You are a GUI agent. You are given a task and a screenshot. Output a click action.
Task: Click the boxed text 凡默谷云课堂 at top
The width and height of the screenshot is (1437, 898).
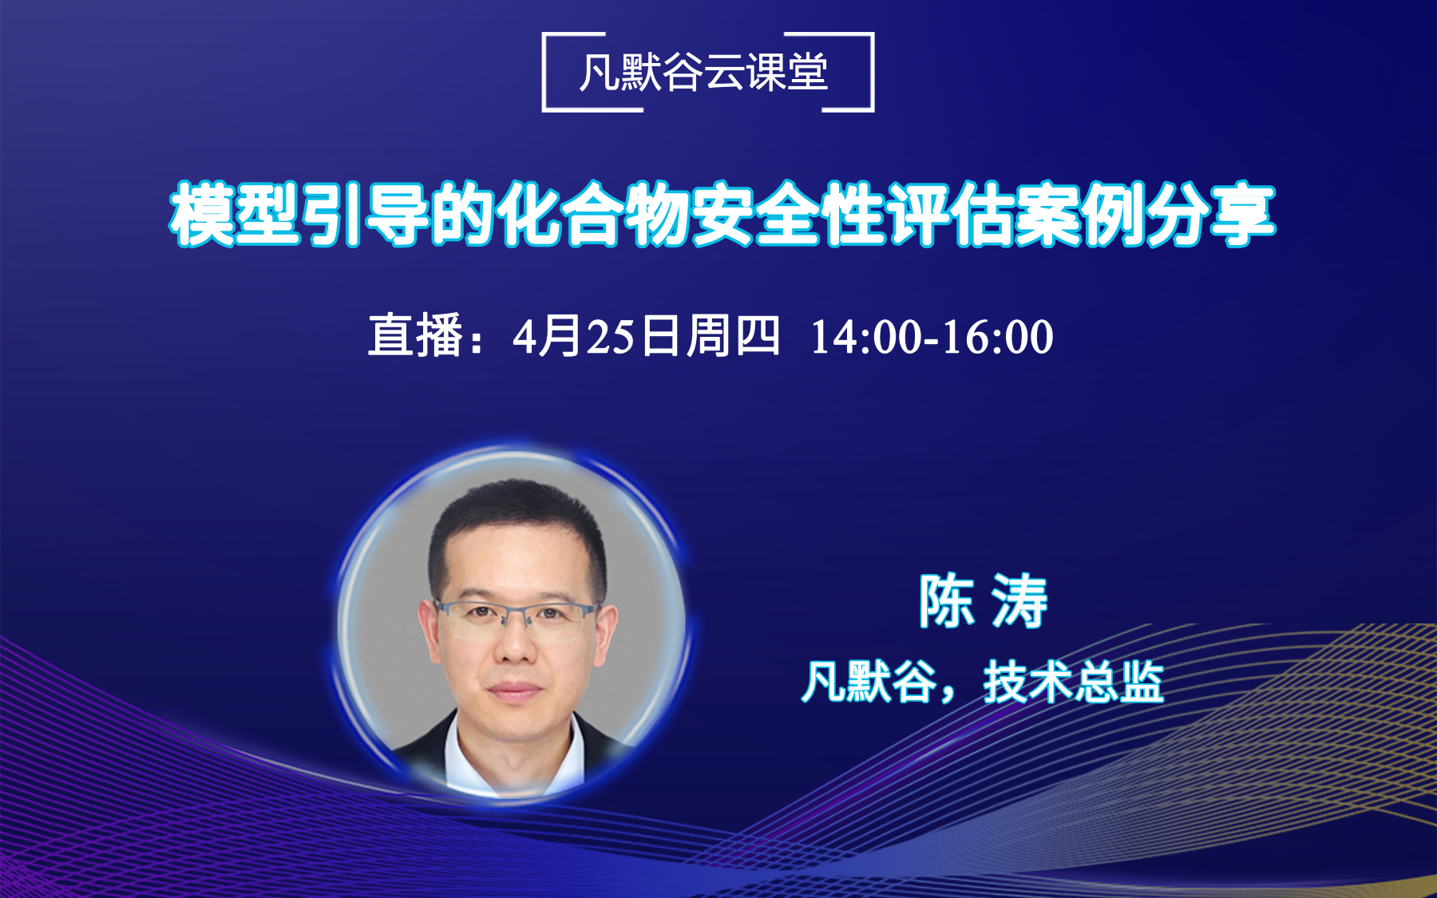click(x=704, y=73)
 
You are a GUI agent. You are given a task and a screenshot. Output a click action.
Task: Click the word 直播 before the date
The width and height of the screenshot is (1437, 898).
click(x=415, y=336)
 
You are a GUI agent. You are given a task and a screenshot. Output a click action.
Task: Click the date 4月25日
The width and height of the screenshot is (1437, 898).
click(x=595, y=336)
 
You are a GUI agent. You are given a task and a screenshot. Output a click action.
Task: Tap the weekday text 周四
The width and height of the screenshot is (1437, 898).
click(x=733, y=336)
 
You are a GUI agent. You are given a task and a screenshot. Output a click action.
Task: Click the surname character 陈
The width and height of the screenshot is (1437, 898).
click(x=946, y=601)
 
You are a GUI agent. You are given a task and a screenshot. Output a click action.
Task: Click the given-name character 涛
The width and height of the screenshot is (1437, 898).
click(x=1019, y=601)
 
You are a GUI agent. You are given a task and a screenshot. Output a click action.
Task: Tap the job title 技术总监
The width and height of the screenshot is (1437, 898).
click(x=1074, y=682)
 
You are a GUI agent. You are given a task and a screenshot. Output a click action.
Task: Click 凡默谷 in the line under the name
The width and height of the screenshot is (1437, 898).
click(x=869, y=682)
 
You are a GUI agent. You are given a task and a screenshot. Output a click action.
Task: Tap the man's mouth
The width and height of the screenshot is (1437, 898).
click(x=514, y=689)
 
